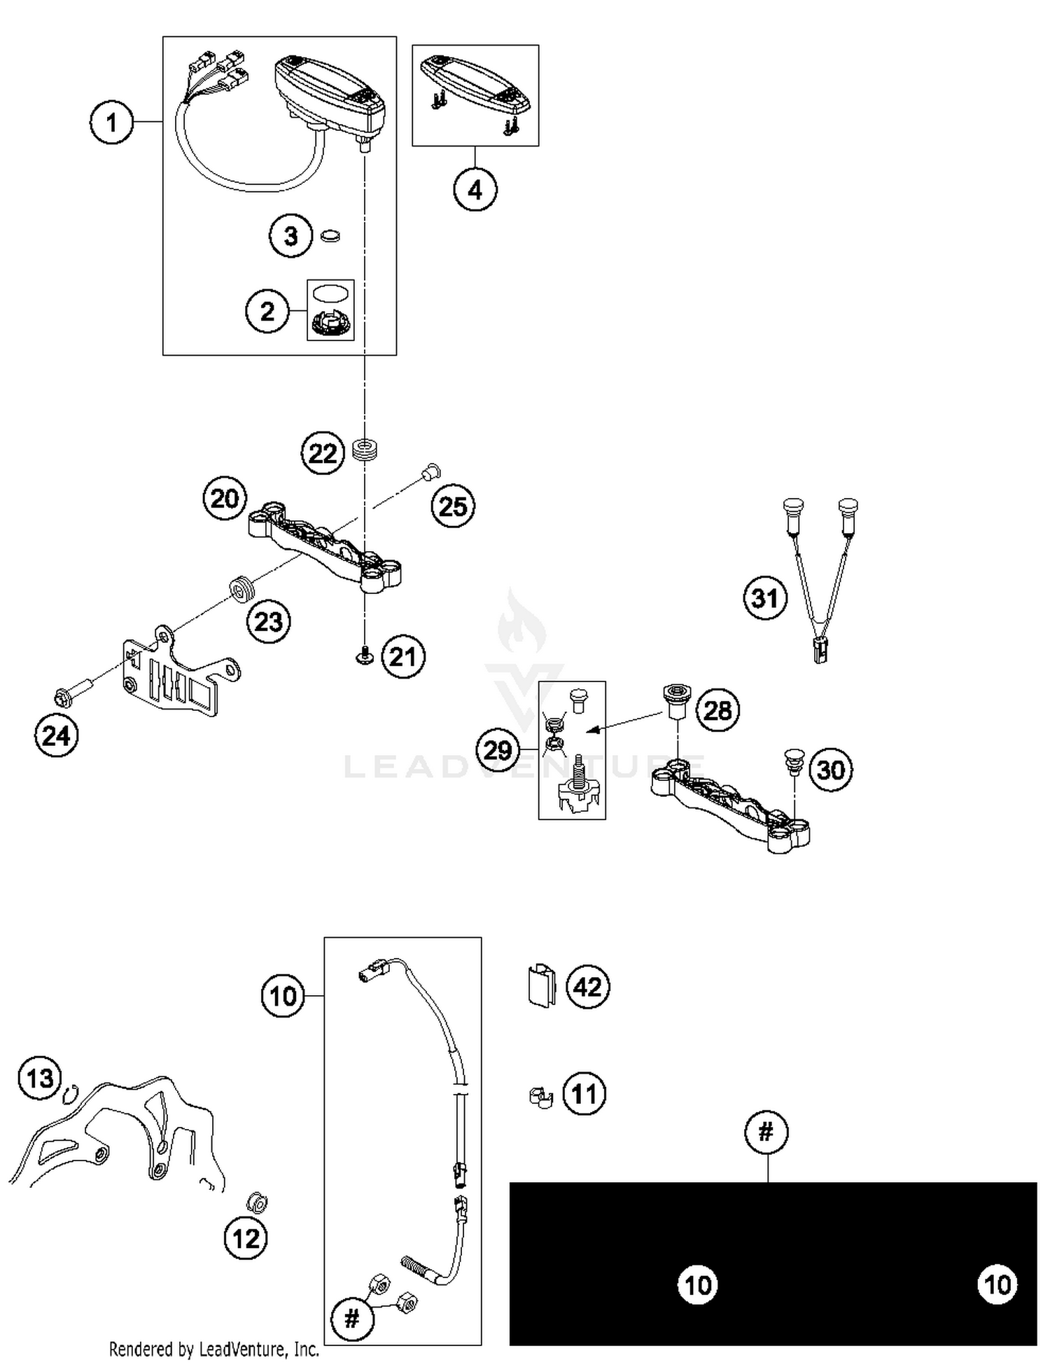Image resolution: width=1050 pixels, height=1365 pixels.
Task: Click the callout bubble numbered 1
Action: pos(111,123)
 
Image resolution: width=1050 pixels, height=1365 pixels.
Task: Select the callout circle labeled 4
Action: pos(475,189)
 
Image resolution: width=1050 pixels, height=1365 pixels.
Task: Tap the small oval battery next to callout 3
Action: pos(330,236)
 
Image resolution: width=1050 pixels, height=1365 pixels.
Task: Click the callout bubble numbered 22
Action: pos(323,453)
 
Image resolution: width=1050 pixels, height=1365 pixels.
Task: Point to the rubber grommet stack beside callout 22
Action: pos(365,449)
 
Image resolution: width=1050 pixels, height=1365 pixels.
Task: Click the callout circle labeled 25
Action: pos(453,506)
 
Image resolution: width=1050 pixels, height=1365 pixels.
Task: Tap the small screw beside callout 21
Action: pos(365,656)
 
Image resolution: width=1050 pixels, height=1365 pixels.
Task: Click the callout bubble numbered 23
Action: pos(268,621)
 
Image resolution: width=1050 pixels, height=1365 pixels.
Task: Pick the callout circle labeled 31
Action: pos(764,598)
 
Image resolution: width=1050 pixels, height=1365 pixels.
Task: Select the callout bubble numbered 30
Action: pos(831,770)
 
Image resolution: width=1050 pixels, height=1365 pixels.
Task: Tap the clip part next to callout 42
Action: pos(540,986)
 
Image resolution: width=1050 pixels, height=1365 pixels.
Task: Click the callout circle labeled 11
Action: pos(584,1093)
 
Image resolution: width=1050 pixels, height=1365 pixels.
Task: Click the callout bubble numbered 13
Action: pos(40,1078)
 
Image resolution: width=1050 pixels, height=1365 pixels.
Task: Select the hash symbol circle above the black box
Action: pos(766,1131)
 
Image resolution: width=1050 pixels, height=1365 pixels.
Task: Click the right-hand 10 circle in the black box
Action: pos(997,1284)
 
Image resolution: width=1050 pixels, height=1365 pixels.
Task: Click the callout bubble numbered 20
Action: pos(225,499)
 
